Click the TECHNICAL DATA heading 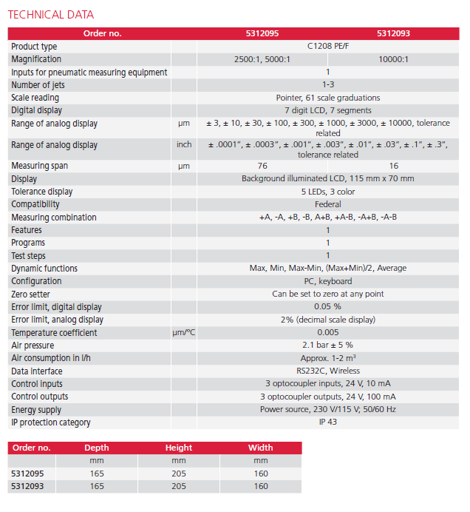pos(51,15)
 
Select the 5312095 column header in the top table pos(262,33)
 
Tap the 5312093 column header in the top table pos(393,33)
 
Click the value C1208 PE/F pos(327,47)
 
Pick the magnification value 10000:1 pos(393,59)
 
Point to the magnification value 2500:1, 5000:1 pos(262,59)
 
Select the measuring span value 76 pos(262,166)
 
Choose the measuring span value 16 pos(393,166)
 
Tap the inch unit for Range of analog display pos(184,144)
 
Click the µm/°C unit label pos(184,333)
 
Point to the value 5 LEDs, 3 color pos(327,192)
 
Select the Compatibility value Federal pos(327,204)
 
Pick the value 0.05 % pos(327,307)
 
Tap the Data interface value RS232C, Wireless pos(327,371)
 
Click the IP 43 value pos(327,422)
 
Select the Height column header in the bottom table pos(179,448)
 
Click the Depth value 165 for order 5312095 pos(97,474)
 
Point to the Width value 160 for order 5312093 pos(261,486)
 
